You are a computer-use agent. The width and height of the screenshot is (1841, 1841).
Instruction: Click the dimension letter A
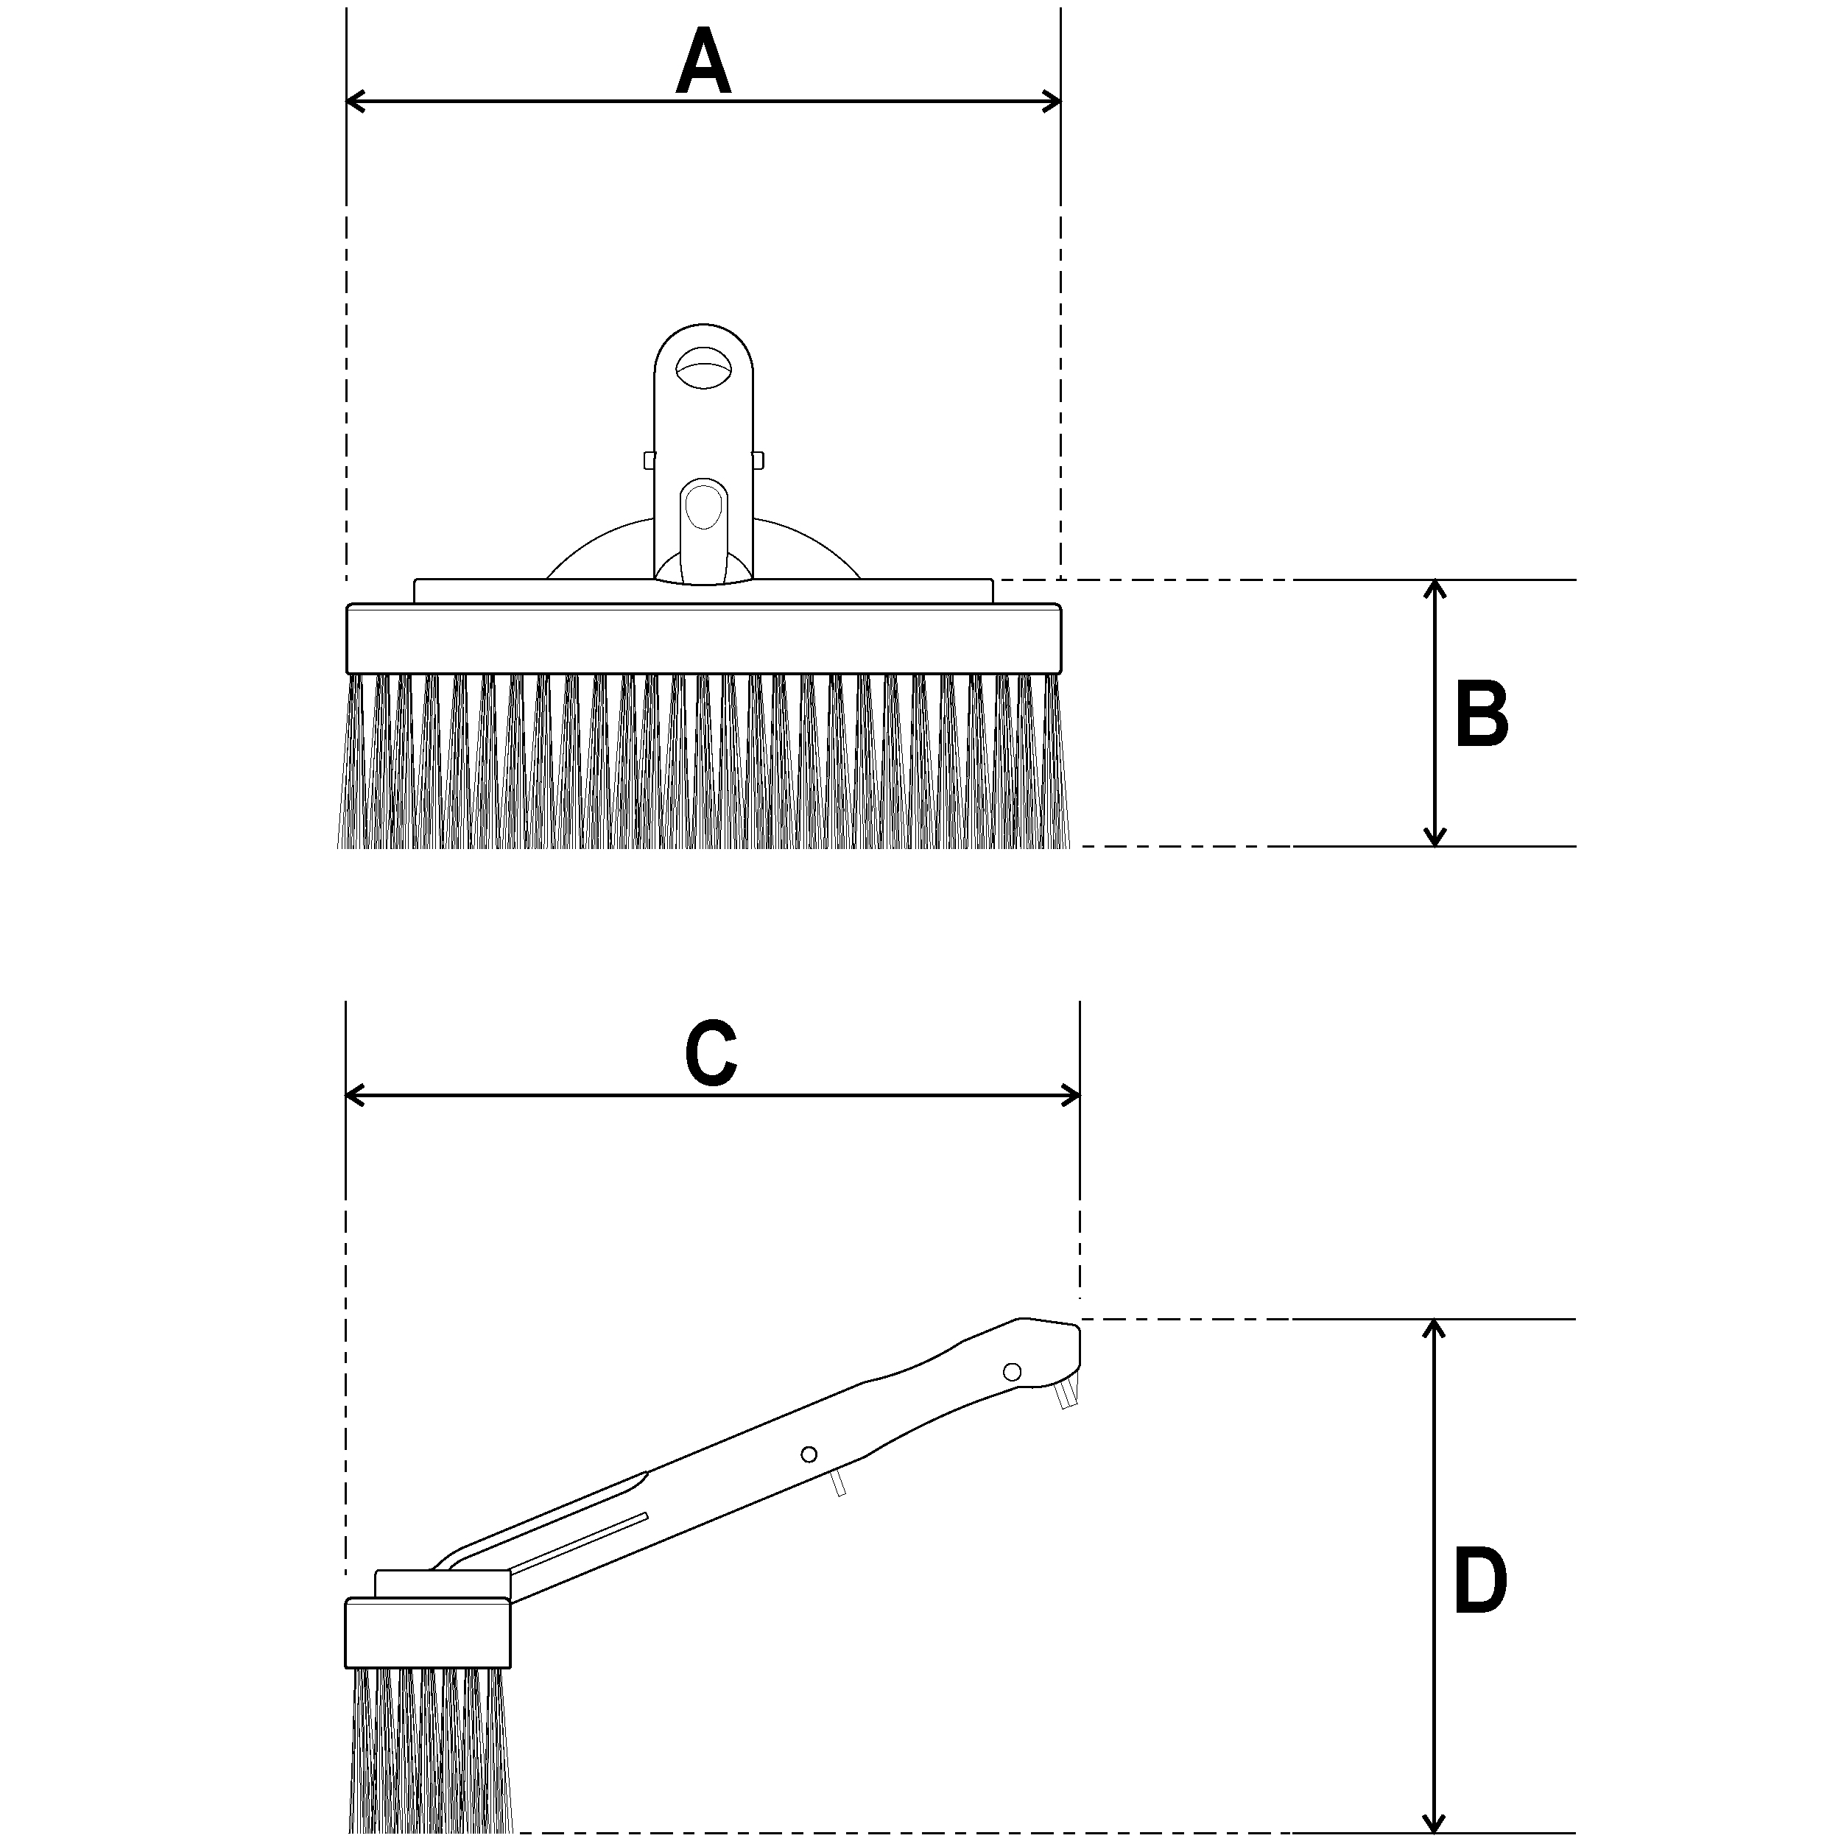tap(703, 63)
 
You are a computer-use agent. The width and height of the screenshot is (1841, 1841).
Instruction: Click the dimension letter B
tap(1482, 714)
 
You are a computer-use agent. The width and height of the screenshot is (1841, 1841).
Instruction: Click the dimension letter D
tap(1480, 1582)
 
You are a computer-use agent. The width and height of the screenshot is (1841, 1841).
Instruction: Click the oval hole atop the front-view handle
tap(703, 367)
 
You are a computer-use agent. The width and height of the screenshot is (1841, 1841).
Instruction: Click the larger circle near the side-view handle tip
tap(1012, 1371)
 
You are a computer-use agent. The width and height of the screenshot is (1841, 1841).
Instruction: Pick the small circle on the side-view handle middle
tap(809, 1454)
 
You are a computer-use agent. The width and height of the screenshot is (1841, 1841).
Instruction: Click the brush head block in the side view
tap(428, 1633)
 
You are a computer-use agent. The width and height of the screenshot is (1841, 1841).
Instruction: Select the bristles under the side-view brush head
tap(431, 1748)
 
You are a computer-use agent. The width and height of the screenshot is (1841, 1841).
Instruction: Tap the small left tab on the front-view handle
tap(649, 460)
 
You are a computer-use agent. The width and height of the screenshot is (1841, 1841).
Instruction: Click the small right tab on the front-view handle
tap(758, 460)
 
